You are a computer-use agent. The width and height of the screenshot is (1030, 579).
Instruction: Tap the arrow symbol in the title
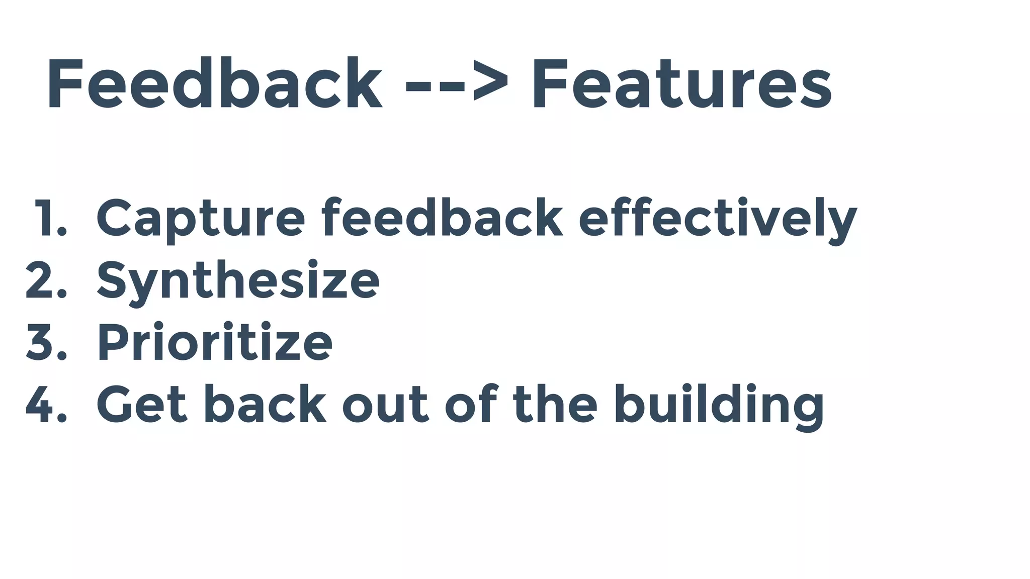pyautogui.click(x=457, y=84)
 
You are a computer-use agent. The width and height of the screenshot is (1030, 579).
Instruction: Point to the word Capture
pyautogui.click(x=200, y=218)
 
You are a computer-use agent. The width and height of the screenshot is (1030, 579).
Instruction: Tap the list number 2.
pyautogui.click(x=45, y=280)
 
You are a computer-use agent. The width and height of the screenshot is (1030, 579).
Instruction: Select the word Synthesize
pyautogui.click(x=237, y=281)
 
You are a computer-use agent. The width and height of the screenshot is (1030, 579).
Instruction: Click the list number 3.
pyautogui.click(x=45, y=342)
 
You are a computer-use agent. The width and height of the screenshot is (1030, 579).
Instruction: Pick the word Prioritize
pyautogui.click(x=214, y=342)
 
